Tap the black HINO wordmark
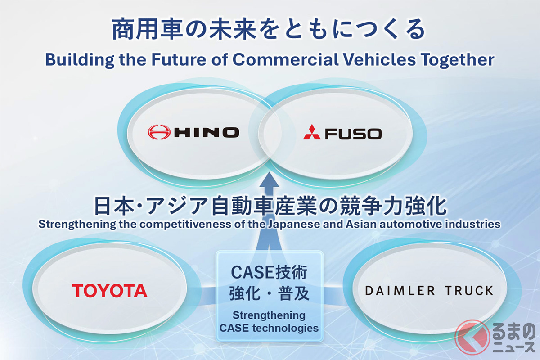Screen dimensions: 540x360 pos(207,132)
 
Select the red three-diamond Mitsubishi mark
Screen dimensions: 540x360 pos(312,132)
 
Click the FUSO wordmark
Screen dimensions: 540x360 pos(353,134)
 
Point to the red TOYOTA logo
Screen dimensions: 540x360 pos(110,291)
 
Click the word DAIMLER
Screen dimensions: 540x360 pos(400,291)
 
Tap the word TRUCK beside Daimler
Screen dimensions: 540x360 pos(469,291)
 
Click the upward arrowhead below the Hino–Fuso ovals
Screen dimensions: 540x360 pos(269,181)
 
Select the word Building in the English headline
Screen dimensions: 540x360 pos(80,60)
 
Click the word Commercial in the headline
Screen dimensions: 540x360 pos(285,59)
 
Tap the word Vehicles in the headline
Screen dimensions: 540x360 pos(379,59)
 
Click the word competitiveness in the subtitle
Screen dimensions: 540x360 pos(185,225)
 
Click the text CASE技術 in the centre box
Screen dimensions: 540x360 pos(269,272)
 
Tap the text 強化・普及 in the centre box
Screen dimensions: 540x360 pos(269,294)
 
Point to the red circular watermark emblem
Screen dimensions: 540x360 pos(472,337)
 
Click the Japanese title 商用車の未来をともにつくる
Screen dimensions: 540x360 pos(269,30)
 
